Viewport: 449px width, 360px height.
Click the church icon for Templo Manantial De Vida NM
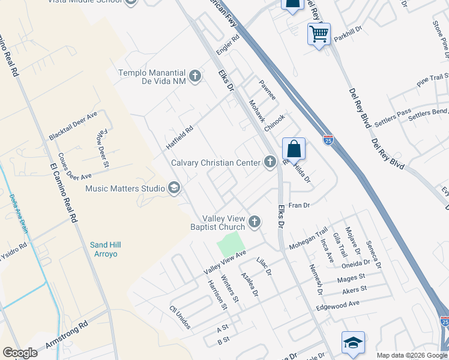[194, 76]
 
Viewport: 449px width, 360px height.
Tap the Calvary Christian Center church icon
[270, 162]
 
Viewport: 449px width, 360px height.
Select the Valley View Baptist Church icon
[255, 223]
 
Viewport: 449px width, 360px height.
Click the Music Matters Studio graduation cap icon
[174, 188]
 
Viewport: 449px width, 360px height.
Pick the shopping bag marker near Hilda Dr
[294, 149]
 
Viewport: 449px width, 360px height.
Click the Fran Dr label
[298, 205]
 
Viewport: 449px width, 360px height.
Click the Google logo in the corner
[20, 352]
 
